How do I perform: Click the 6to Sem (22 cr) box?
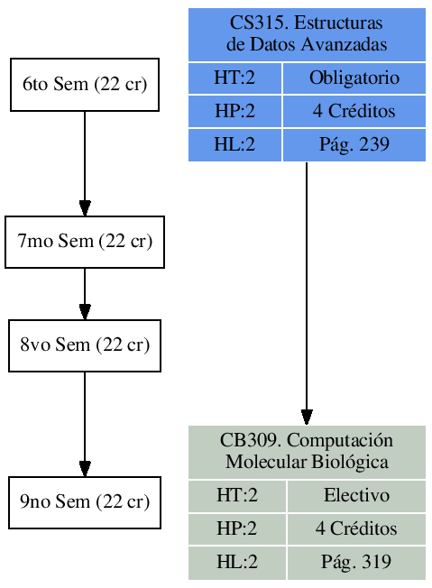click(85, 85)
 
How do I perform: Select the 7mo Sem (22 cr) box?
click(85, 242)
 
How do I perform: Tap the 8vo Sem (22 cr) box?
click(85, 345)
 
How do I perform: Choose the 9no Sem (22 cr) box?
click(85, 502)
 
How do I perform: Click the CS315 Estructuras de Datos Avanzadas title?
click(307, 34)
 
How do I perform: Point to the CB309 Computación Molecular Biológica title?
click(307, 452)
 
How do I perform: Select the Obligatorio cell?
click(354, 78)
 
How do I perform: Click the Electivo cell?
click(356, 495)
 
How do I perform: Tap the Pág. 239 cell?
click(354, 144)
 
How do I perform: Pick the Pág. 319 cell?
click(356, 562)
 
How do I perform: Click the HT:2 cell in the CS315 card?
click(234, 78)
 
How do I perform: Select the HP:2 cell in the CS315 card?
click(234, 112)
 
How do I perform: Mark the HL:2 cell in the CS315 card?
click(234, 144)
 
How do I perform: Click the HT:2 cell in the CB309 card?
click(237, 495)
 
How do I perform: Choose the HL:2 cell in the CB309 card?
click(237, 562)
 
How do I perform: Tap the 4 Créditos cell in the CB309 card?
click(356, 528)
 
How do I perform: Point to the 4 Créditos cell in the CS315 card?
click(354, 112)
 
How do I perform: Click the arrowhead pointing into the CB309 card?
click(307, 417)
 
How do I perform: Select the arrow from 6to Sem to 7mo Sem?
click(85, 162)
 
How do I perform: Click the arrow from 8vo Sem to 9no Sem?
click(85, 424)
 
